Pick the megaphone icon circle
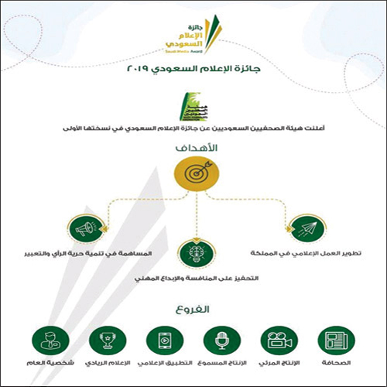coord(86,228)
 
